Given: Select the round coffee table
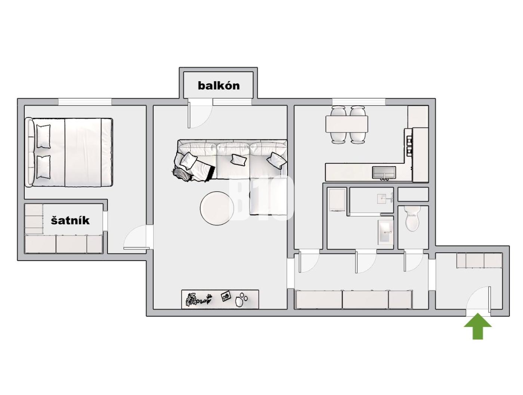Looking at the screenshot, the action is pyautogui.click(x=217, y=208).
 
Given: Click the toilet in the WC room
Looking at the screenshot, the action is pyautogui.click(x=413, y=218).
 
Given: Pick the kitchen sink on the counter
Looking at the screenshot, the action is pyautogui.click(x=384, y=173).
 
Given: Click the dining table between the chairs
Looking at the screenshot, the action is pyautogui.click(x=347, y=124).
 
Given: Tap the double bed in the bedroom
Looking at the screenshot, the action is pyautogui.click(x=69, y=152).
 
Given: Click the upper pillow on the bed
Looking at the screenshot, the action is pyautogui.click(x=44, y=137).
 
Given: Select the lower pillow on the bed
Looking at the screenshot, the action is pyautogui.click(x=44, y=167).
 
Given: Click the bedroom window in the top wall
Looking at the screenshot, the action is pyautogui.click(x=85, y=102).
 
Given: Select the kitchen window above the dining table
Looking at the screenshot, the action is pyautogui.click(x=359, y=102).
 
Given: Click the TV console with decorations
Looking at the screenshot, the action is pyautogui.click(x=220, y=299).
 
